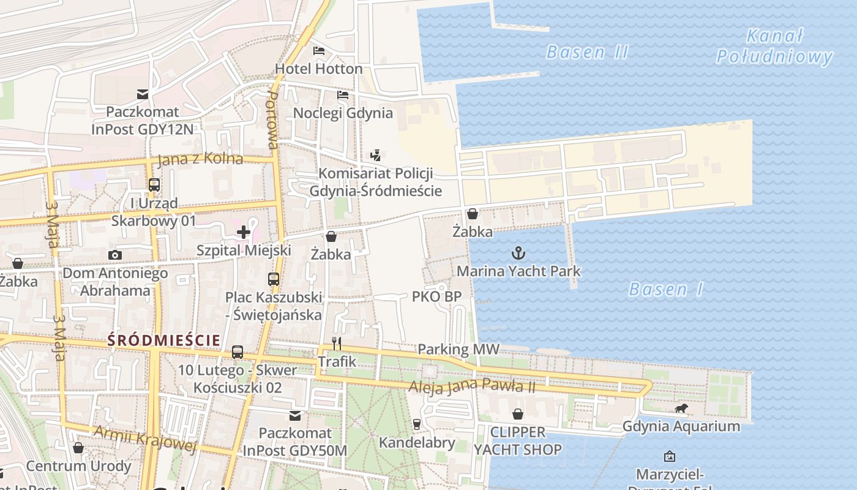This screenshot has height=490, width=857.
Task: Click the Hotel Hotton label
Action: (318, 69)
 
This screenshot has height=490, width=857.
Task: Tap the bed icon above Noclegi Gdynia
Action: (343, 95)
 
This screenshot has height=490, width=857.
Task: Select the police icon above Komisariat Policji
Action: (375, 156)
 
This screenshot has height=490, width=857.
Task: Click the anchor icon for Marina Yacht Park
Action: (518, 252)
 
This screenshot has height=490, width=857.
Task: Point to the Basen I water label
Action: (666, 289)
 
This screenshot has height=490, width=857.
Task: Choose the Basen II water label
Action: (587, 52)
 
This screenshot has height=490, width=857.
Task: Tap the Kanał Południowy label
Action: (774, 47)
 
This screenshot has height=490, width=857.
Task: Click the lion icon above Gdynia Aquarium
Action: (681, 409)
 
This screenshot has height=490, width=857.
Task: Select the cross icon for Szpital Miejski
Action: (244, 232)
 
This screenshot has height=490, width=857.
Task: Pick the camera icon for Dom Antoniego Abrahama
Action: (115, 255)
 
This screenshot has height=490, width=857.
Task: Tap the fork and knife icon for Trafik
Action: (336, 343)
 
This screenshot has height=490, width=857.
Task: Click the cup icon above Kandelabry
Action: (417, 424)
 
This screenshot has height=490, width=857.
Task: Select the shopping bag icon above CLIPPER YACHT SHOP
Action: (518, 414)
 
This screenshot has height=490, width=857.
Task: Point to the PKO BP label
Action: (436, 296)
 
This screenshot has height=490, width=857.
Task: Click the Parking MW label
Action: (458, 350)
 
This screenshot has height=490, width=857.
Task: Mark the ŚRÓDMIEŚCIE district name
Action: (163, 340)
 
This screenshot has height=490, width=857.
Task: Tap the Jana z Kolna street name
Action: (200, 159)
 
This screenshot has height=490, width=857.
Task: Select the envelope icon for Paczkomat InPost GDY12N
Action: (143, 94)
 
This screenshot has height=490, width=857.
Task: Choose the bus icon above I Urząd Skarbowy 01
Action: (154, 184)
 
